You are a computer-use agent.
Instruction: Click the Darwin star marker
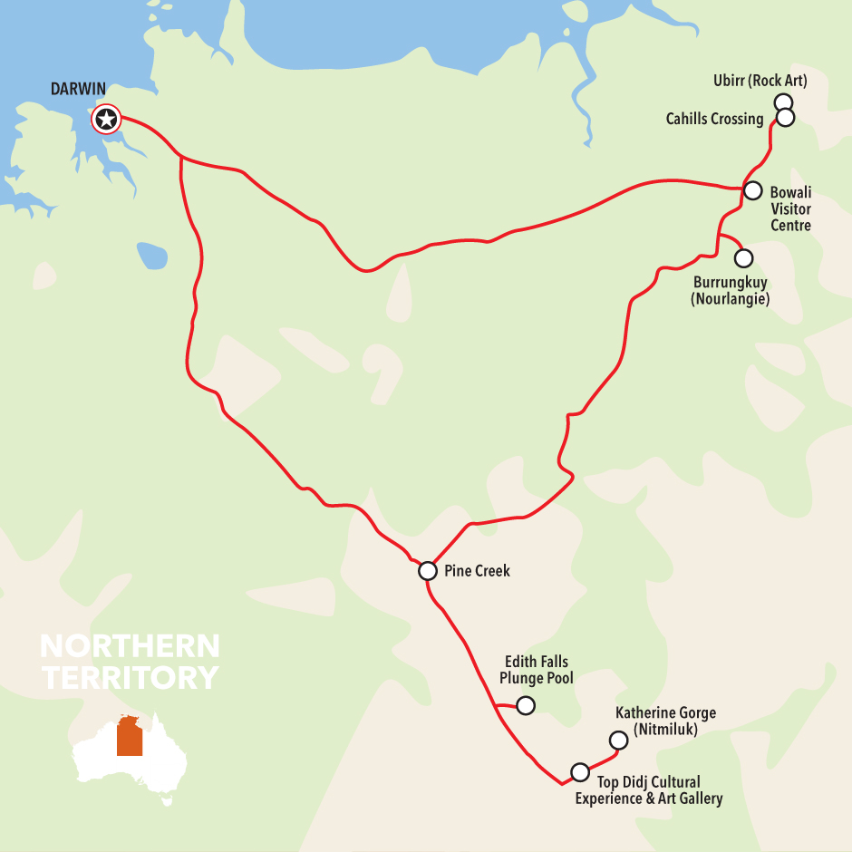tap(106, 119)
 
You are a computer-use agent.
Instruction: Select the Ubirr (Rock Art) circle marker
tap(784, 102)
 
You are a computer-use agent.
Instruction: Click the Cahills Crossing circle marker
tap(786, 118)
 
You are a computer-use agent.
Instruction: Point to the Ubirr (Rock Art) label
tap(760, 82)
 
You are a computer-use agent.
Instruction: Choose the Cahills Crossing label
tap(714, 119)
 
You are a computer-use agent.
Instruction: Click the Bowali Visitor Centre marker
tap(752, 190)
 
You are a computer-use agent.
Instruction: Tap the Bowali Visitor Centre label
tap(790, 208)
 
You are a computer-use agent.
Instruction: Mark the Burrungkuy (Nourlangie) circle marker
tap(743, 258)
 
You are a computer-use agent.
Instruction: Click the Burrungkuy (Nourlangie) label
tap(730, 291)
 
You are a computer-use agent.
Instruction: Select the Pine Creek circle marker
tap(427, 571)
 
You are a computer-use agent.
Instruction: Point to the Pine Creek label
tap(477, 571)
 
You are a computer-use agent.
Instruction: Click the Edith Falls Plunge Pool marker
tap(525, 705)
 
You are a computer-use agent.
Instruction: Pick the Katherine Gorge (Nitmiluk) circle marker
tap(618, 741)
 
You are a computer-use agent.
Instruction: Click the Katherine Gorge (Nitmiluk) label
tap(665, 721)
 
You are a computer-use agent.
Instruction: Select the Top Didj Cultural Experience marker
tap(579, 772)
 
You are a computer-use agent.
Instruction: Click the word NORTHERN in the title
tap(130, 646)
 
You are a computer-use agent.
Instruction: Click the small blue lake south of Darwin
tap(152, 255)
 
